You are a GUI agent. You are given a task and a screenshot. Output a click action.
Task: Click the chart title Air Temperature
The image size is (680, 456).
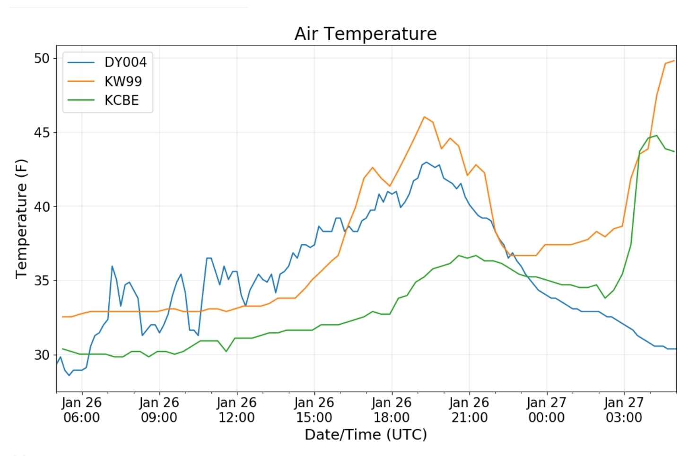(365, 34)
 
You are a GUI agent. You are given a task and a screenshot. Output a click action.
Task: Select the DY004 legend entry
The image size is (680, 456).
(125, 62)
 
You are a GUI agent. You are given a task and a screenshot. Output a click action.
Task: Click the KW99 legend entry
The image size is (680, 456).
(123, 81)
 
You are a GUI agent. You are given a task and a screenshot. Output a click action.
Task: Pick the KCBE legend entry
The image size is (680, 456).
(122, 100)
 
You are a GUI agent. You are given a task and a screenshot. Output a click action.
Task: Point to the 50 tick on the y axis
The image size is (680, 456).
(42, 59)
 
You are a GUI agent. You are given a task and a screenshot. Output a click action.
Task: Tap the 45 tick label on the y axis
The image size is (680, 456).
(42, 133)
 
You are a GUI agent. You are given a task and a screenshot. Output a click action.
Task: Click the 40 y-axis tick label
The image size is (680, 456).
(42, 206)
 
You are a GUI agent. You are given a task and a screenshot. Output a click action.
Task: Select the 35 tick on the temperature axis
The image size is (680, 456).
(42, 281)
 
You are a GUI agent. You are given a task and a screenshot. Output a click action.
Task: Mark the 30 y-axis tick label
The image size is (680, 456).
(42, 355)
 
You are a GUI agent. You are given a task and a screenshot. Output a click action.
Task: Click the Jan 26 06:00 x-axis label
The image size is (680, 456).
(81, 410)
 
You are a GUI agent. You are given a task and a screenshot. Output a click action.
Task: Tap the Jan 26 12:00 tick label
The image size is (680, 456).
(236, 410)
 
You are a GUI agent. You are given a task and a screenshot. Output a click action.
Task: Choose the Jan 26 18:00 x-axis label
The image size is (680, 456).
(392, 410)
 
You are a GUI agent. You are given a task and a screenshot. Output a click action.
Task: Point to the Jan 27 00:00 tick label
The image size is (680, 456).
(547, 410)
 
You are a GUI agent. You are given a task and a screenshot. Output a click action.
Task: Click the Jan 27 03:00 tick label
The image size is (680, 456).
(624, 410)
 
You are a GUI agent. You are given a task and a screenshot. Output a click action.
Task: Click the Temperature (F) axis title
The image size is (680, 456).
(21, 218)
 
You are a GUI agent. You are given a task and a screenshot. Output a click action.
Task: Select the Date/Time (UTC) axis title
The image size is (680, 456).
(366, 434)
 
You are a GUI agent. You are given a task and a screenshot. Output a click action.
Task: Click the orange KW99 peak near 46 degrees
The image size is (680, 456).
(424, 117)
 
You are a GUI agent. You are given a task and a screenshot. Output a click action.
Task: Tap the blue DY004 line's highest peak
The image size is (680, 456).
(426, 162)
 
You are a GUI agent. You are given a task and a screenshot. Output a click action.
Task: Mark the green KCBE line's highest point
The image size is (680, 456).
(656, 136)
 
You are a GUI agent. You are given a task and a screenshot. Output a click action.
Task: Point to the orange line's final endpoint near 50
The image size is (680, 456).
(674, 60)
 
